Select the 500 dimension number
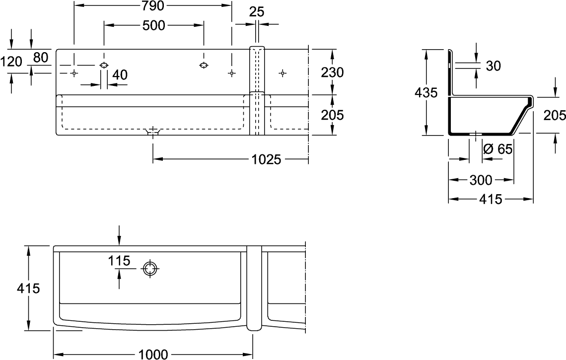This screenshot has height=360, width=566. [x=153, y=26]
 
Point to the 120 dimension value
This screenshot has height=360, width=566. [x=11, y=62]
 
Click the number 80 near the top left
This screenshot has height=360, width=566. [x=41, y=58]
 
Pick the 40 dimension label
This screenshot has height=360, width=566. [x=120, y=75]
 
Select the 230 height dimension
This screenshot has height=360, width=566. [x=333, y=72]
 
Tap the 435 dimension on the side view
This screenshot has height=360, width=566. [x=426, y=92]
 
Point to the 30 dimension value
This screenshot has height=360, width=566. [x=493, y=66]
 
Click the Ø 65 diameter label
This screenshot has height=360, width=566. [x=497, y=148]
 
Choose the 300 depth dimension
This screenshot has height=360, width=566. [x=481, y=180]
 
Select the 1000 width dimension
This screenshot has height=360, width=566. [x=153, y=354]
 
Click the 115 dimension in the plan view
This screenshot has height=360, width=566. [x=120, y=260]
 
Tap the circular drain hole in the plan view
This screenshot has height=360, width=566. [x=149, y=269]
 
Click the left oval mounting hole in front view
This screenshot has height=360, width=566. [x=104, y=66]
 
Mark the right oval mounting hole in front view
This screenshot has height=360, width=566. [x=203, y=66]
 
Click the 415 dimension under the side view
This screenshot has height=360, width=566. [x=491, y=200]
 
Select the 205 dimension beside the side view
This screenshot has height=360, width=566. [x=554, y=115]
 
